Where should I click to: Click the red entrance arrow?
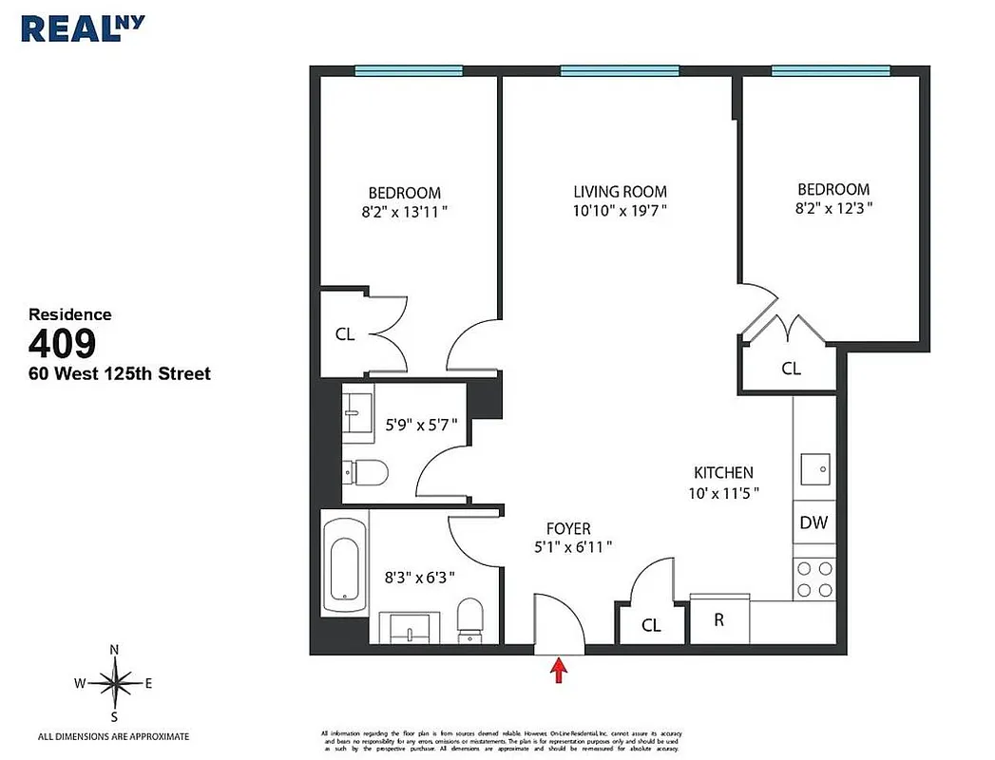click(560, 671)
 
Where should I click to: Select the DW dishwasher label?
click(813, 522)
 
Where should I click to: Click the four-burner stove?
click(813, 579)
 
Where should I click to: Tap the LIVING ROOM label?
click(620, 191)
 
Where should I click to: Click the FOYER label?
click(568, 528)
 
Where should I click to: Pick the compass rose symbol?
click(114, 682)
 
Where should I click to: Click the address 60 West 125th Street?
click(120, 373)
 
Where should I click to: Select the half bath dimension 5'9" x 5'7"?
click(427, 425)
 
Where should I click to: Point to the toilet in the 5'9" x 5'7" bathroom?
click(366, 471)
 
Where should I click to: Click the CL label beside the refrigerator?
click(651, 625)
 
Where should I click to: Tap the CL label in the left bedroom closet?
click(344, 334)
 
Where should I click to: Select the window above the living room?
click(620, 70)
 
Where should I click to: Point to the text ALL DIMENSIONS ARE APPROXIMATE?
click(113, 736)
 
